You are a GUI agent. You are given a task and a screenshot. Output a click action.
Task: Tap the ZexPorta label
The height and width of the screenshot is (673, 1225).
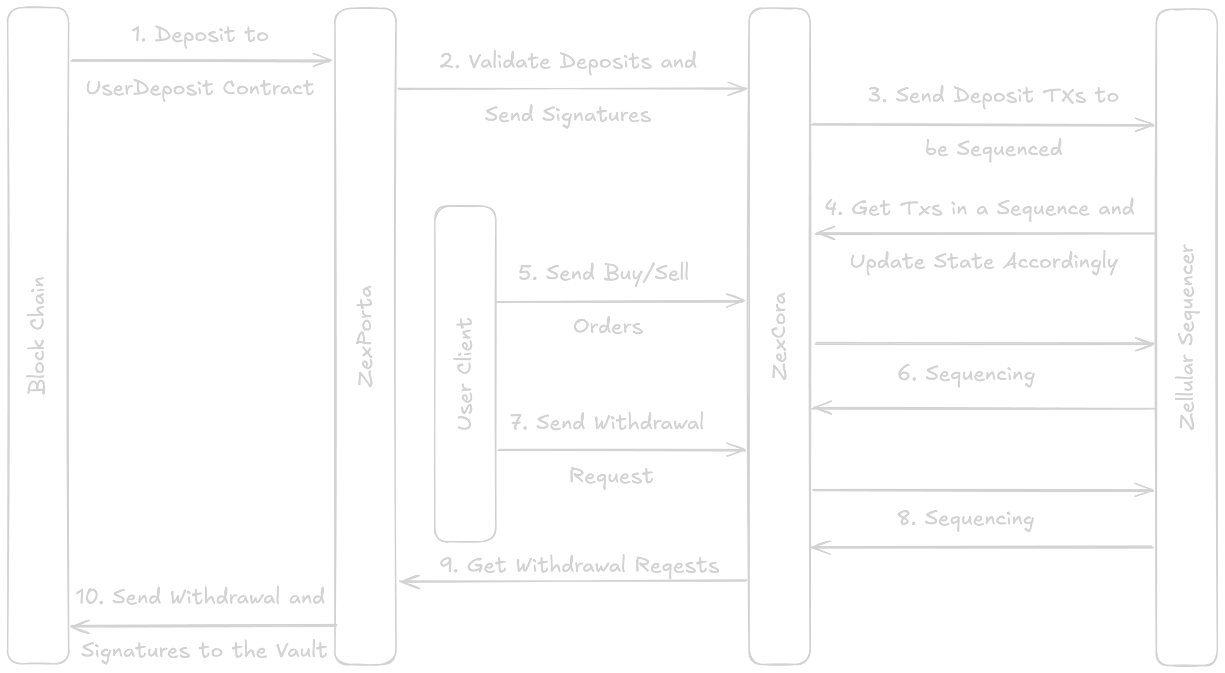pyautogui.click(x=366, y=336)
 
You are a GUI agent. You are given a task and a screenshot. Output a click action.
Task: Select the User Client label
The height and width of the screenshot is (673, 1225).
pyautogui.click(x=465, y=374)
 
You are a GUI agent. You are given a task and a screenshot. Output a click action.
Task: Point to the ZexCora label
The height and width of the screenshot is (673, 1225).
pyautogui.click(x=779, y=336)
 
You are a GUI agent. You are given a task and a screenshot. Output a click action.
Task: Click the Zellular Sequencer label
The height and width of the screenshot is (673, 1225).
pyautogui.click(x=1187, y=338)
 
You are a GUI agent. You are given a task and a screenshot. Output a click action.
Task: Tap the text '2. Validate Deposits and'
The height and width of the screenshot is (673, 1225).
pyautogui.click(x=567, y=62)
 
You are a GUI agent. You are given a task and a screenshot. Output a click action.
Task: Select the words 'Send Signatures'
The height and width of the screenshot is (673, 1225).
pyautogui.click(x=567, y=115)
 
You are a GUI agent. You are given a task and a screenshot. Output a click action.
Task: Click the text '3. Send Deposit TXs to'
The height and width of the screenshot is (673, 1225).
pyautogui.click(x=993, y=96)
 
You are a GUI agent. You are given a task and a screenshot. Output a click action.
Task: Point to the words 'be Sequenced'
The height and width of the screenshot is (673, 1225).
pyautogui.click(x=993, y=148)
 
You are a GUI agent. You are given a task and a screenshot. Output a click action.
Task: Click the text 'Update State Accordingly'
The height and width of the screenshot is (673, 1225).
pyautogui.click(x=984, y=262)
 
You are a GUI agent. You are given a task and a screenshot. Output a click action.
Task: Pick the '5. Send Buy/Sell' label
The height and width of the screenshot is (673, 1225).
pyautogui.click(x=603, y=273)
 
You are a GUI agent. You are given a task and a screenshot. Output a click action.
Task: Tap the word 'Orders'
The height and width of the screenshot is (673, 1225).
pyautogui.click(x=608, y=326)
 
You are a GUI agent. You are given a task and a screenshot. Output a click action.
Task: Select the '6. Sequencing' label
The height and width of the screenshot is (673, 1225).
pyautogui.click(x=966, y=374)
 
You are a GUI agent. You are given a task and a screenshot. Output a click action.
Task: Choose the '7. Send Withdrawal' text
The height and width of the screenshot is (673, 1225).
pyautogui.click(x=607, y=423)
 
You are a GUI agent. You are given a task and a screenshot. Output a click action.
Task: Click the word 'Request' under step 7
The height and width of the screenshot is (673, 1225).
pyautogui.click(x=611, y=476)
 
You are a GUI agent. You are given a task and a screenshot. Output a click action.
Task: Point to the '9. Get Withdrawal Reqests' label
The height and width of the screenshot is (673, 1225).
pyautogui.click(x=580, y=566)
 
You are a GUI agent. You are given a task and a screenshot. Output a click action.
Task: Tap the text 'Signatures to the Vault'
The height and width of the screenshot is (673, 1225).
pyautogui.click(x=204, y=651)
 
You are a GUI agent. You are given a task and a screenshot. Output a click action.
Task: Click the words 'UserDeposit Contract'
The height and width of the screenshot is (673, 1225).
pyautogui.click(x=200, y=88)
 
